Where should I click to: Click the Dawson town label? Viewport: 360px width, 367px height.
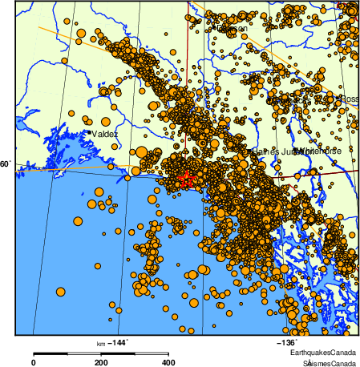point(233,29)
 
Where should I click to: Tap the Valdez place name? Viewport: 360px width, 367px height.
point(104,134)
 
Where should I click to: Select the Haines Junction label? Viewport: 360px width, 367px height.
point(273,151)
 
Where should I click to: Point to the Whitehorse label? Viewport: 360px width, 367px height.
point(319,151)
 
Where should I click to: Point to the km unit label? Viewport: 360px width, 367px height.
point(102,343)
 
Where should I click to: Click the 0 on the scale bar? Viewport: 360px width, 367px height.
point(33,362)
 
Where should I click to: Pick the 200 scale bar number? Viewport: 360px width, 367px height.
point(100,362)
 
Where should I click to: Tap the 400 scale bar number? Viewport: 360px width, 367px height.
point(168,362)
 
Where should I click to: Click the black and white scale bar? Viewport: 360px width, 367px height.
point(100,353)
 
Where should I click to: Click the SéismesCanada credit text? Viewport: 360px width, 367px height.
point(325,363)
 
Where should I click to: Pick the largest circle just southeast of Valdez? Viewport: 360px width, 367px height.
point(141,152)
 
